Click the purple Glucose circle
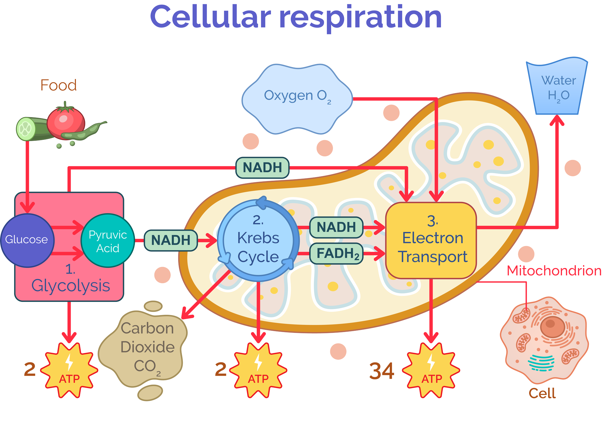[27, 240]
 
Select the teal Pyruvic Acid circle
[107, 241]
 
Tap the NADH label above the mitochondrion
[262, 168]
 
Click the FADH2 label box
[337, 254]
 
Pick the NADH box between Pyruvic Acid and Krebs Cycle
[171, 240]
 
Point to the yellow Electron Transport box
[431, 240]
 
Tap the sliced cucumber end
[25, 129]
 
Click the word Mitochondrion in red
[554, 271]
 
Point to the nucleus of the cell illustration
[552, 327]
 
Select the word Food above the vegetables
[58, 85]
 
